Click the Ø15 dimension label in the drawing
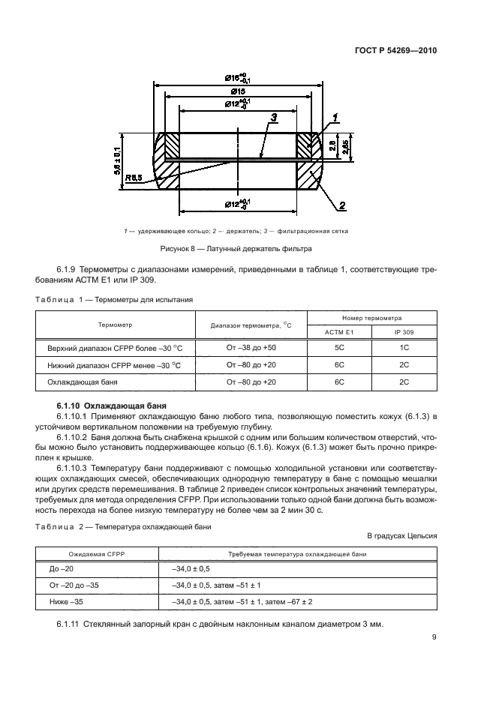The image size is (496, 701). (x=238, y=90)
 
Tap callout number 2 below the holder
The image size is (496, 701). (x=341, y=205)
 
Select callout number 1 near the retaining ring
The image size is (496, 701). (x=335, y=115)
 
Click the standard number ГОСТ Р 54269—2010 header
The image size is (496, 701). (x=395, y=52)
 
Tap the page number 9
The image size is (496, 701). (x=434, y=638)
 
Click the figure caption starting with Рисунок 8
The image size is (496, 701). (x=235, y=248)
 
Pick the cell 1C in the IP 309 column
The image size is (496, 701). (x=404, y=348)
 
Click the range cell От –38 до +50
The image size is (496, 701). (x=251, y=348)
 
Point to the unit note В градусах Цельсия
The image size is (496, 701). (x=401, y=535)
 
